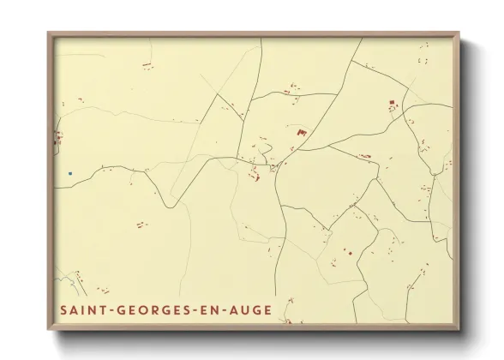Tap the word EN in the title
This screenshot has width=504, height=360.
pos(208,309)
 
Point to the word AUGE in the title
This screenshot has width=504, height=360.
pos(249,309)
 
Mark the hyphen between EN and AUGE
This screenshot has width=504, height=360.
pos(224,309)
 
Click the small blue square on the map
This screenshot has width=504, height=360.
pos(70,173)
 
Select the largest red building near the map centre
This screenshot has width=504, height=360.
pos(301,132)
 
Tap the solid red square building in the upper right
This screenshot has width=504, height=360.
pos(392,103)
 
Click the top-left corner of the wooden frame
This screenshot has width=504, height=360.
pos(49,33)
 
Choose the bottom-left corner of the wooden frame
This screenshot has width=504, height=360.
pos(49,328)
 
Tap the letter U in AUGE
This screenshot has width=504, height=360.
pos(246,309)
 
